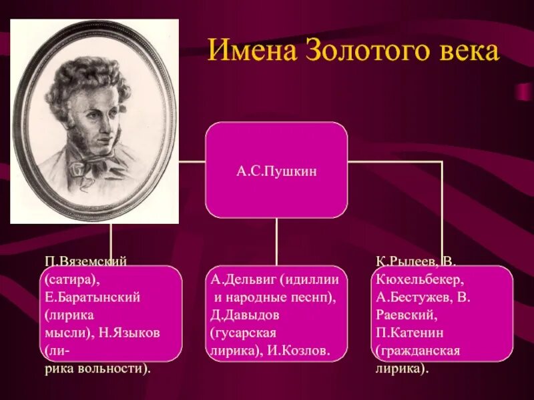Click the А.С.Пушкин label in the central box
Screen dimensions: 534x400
point(276,171)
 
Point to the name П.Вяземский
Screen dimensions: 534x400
point(85,261)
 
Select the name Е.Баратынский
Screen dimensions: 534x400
point(92,297)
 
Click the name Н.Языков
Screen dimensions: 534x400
point(129,332)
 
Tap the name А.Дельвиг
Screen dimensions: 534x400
point(243,279)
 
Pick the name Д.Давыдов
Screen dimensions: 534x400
point(244,315)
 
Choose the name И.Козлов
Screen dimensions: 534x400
point(298,351)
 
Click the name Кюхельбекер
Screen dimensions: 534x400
point(420,279)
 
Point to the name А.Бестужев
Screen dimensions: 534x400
point(414,297)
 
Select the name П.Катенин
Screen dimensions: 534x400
point(410,332)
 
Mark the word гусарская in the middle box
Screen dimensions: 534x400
point(243,333)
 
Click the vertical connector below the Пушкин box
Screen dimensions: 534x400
point(276,242)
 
